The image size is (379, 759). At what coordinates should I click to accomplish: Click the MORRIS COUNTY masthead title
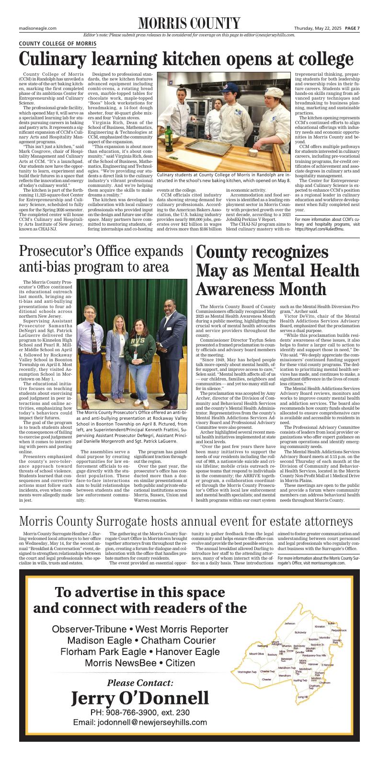[x=189, y=23]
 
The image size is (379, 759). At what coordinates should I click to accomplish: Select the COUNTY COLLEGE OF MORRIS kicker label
[x=57, y=44]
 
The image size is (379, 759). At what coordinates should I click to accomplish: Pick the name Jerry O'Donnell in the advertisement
[x=140, y=698]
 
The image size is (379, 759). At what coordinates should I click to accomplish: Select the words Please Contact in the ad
[x=140, y=682]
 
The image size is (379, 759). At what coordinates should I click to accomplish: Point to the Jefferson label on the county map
[x=290, y=623]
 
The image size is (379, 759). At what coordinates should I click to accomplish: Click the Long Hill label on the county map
[x=302, y=697]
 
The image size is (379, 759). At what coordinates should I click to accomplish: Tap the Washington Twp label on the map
[x=248, y=671]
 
